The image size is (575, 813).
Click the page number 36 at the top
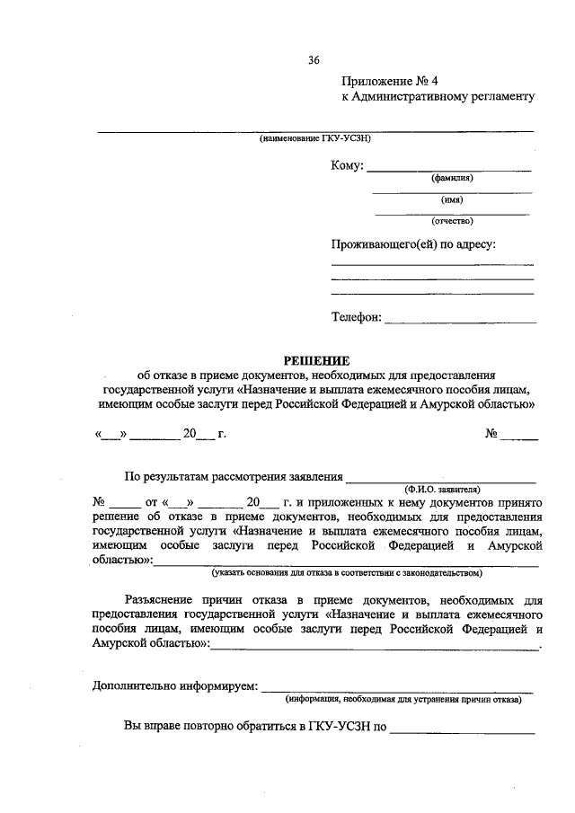[314, 60]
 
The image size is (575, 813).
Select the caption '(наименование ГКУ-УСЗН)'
[314, 139]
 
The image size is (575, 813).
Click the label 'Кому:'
[348, 166]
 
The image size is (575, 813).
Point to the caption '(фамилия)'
[451, 178]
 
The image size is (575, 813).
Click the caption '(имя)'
[451, 199]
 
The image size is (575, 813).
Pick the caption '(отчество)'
[452, 221]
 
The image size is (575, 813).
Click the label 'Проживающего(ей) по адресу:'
[413, 243]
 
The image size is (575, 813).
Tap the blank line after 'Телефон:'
[460, 320]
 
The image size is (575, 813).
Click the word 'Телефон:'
[357, 316]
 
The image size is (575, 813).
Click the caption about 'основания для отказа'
[347, 572]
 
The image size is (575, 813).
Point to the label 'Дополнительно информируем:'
[174, 687]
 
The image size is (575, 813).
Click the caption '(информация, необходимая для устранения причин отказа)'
[403, 699]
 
